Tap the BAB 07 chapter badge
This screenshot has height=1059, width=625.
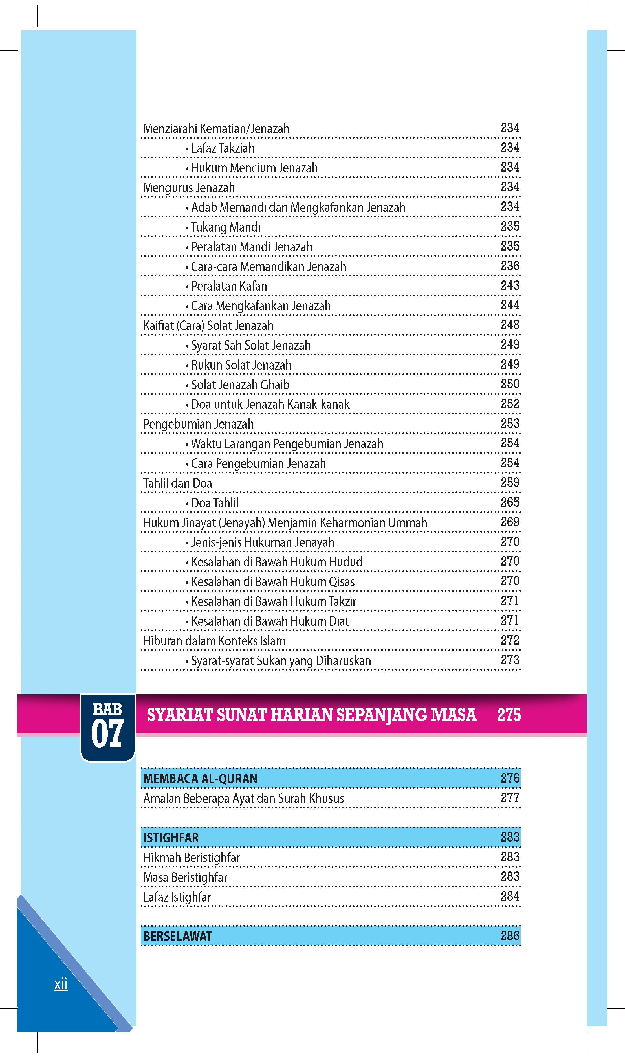(107, 727)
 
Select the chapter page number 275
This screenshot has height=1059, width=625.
(509, 715)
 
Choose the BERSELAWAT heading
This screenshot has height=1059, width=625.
(177, 936)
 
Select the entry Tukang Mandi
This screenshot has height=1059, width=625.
(225, 227)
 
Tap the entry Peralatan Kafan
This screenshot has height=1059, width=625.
(229, 286)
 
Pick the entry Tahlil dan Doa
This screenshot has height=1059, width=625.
(177, 484)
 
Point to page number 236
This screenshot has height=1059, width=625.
(510, 266)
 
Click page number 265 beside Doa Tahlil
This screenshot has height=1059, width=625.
(510, 502)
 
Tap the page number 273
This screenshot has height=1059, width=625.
(510, 660)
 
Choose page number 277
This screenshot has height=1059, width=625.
(510, 798)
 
